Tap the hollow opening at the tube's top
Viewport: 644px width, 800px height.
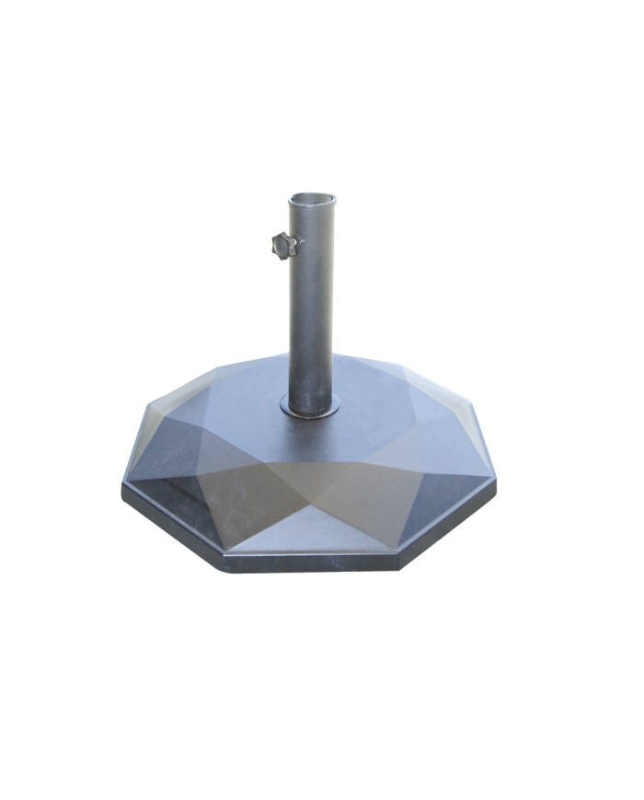point(313,199)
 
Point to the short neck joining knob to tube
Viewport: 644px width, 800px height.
point(295,245)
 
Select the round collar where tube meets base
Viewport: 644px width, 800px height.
point(310,405)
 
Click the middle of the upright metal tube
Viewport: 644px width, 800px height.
point(312,304)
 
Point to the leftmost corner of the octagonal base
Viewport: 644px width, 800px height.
point(123,488)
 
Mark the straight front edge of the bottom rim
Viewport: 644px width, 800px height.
point(313,562)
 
